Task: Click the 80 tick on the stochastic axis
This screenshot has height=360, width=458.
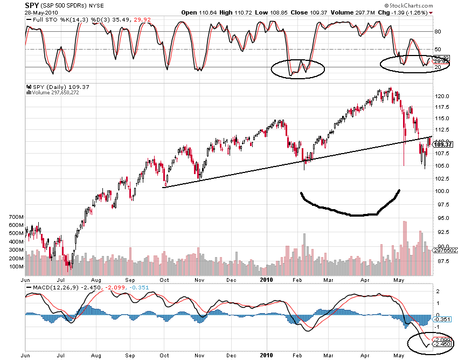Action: [x=438, y=32]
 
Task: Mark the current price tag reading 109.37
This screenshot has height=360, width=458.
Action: [x=442, y=144]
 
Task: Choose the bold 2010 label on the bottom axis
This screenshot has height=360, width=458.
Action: [x=267, y=280]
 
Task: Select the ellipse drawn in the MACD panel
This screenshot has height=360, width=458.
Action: [x=431, y=343]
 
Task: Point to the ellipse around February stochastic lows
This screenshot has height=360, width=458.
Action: [x=298, y=68]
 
